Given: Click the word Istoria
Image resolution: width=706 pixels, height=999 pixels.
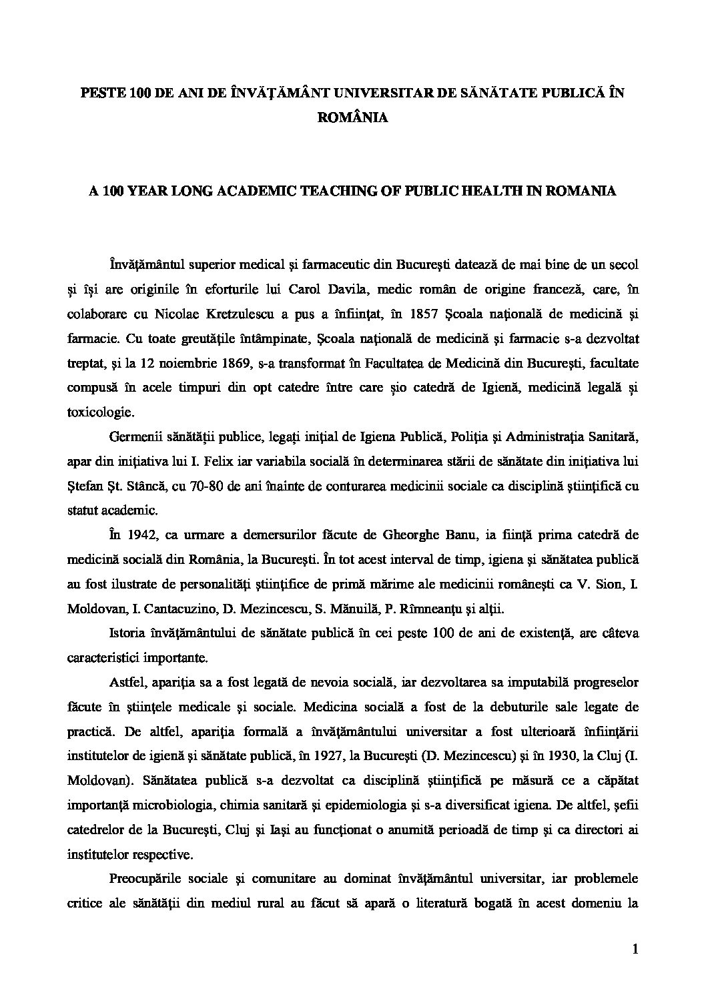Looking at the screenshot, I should (x=127, y=633).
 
